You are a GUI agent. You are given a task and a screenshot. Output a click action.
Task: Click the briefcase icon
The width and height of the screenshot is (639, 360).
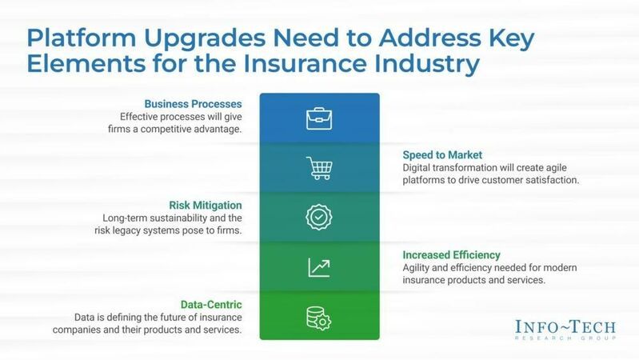319,119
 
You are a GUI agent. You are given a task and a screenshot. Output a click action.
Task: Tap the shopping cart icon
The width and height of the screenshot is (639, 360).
319,168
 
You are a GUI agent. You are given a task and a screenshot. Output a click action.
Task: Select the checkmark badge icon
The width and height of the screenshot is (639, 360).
319,218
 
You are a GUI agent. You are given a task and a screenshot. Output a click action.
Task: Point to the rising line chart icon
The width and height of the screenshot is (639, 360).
319,267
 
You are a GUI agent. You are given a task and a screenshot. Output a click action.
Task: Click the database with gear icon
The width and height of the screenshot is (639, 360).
319,317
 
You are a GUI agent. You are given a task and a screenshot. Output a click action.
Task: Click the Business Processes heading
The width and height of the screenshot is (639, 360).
194,104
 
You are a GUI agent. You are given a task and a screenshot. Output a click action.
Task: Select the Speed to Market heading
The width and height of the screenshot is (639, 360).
443,154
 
